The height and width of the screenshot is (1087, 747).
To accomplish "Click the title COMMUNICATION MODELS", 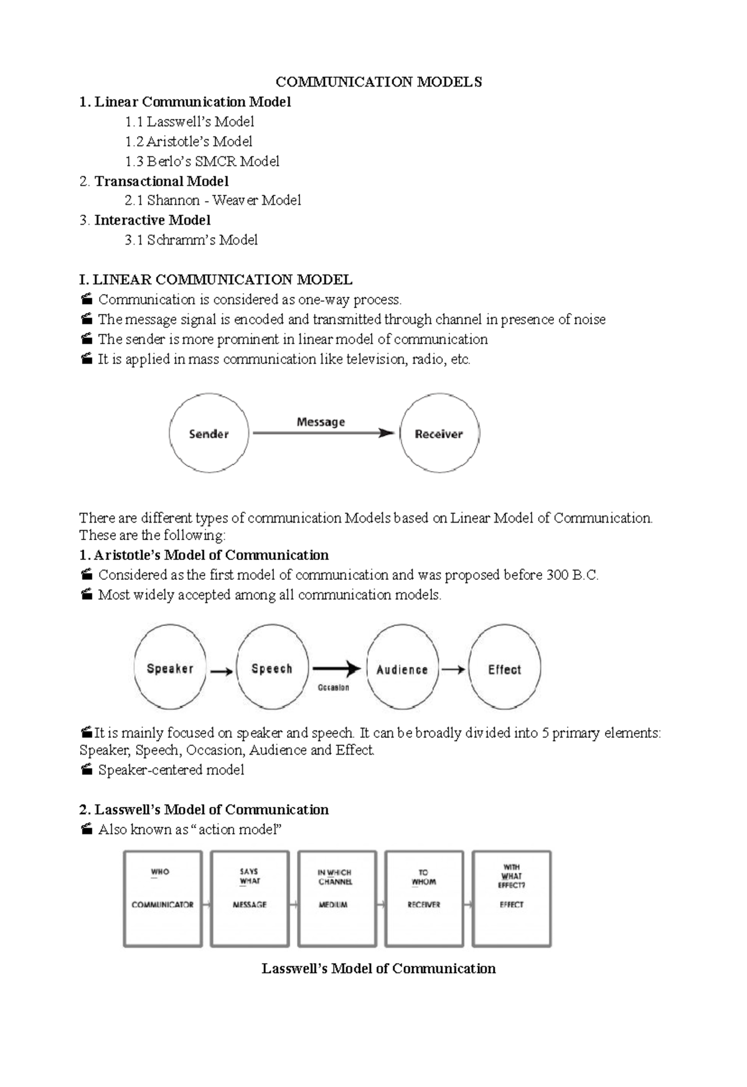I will [378, 82].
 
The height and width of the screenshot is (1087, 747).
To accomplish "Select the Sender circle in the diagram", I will [209, 434].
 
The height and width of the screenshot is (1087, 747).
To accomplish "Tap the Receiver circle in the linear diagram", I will [439, 434].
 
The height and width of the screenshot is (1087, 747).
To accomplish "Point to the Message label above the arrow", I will [321, 422].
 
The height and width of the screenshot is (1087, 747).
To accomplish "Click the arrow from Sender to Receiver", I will [324, 433].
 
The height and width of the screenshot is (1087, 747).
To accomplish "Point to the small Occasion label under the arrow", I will [334, 688].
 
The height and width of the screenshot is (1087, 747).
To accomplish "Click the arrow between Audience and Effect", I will [453, 669].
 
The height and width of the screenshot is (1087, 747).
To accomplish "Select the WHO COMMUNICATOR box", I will [162, 898].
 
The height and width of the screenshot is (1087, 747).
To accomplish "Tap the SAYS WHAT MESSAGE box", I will [250, 898].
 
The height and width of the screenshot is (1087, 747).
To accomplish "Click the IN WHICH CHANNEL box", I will [337, 898].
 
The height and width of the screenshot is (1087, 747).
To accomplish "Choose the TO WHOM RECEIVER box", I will [424, 898].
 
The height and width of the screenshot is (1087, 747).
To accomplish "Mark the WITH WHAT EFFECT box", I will [512, 898].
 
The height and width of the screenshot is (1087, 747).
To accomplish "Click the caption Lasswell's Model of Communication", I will [378, 968].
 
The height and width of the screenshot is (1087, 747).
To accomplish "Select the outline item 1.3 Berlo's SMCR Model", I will [202, 161].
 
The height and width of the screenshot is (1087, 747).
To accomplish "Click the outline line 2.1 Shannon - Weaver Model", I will [212, 200].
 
